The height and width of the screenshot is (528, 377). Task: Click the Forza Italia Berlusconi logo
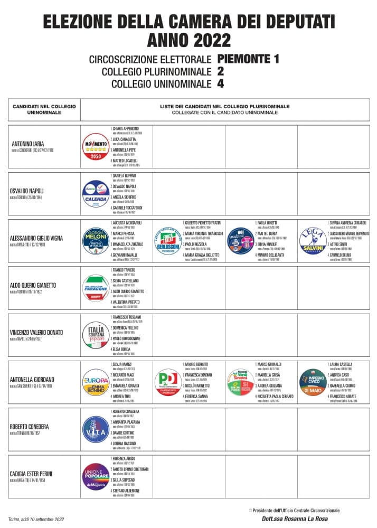tap(168, 241)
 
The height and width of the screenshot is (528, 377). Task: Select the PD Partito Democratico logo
tap(168, 383)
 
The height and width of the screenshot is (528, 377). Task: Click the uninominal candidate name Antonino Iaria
tap(28, 144)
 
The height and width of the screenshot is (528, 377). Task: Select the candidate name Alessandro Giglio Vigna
tap(36, 238)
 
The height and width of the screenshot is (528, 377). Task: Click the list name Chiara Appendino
tap(125, 129)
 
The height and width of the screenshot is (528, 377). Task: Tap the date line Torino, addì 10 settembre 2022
tap(36, 520)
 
